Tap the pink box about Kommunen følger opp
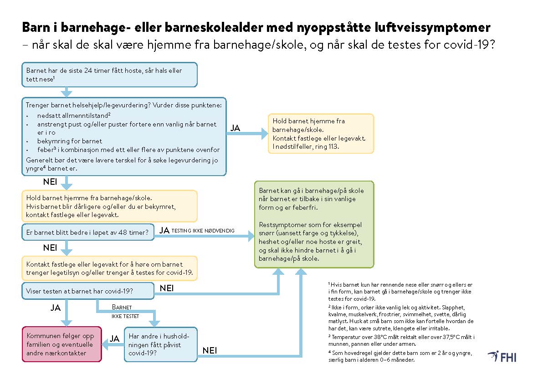[61, 344]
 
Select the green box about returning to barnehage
[314, 224]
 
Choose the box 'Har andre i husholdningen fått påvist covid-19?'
[160, 344]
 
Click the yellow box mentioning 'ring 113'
[321, 133]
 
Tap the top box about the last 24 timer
[109, 75]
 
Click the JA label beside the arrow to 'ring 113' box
[235, 128]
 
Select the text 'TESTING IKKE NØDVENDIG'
[203, 231]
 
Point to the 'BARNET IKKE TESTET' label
[125, 312]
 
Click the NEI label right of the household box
[210, 350]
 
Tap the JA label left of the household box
[114, 339]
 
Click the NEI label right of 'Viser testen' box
[167, 288]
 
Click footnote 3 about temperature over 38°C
[401, 340]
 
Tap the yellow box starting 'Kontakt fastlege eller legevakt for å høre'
[109, 268]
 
